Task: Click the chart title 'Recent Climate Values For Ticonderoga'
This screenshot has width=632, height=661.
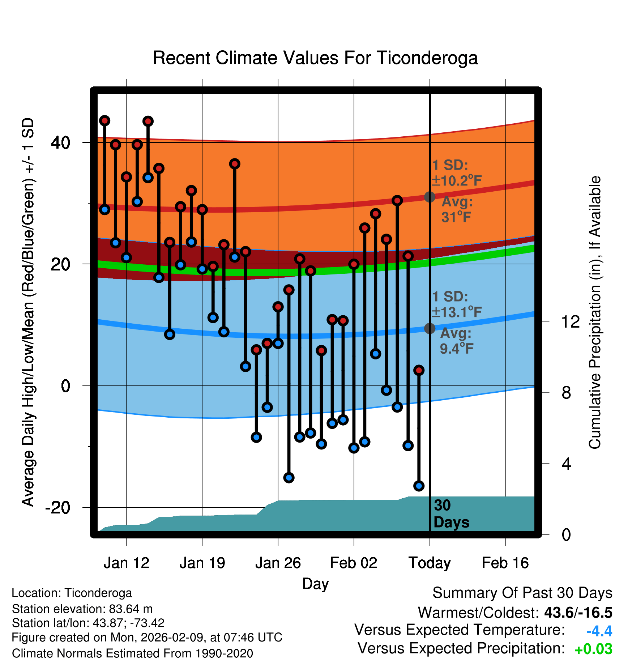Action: (315, 58)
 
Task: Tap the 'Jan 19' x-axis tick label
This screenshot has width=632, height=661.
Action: (202, 563)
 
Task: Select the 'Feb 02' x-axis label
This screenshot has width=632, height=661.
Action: (354, 563)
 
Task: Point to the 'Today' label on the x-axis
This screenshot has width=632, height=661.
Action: (430, 563)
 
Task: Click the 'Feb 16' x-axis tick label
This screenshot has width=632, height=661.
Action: (505, 563)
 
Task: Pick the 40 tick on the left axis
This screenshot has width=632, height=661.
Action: (60, 143)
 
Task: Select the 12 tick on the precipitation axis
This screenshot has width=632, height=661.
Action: (570, 321)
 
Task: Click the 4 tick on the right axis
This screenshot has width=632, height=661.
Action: (566, 464)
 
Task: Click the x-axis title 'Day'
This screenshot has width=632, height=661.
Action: (315, 584)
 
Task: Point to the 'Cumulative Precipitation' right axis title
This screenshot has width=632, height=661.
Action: (595, 312)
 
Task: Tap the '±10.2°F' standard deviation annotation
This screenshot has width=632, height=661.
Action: (457, 180)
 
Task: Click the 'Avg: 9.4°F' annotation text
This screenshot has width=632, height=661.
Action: (456, 341)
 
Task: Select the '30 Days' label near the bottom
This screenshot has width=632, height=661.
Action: (451, 514)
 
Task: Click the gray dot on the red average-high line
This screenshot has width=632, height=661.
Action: (430, 197)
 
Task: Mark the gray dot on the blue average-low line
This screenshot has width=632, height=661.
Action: (430, 328)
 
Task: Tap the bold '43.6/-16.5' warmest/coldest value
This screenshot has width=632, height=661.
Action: (578, 613)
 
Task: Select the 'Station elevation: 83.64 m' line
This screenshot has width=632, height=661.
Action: (82, 609)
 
